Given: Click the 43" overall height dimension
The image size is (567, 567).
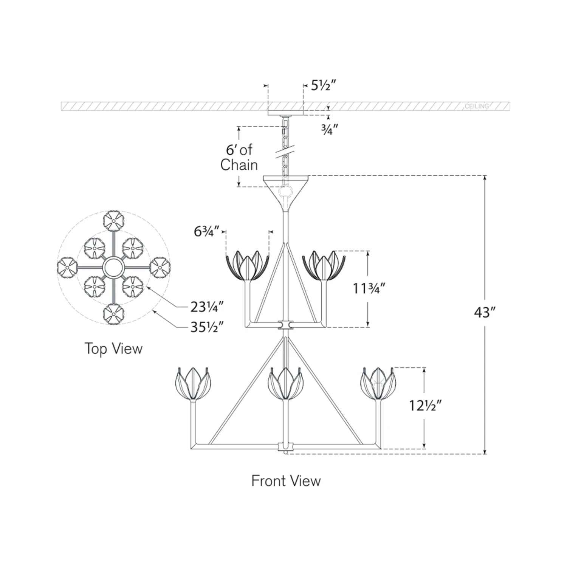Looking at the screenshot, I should [x=484, y=313].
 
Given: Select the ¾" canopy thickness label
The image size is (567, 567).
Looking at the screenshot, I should [x=329, y=130].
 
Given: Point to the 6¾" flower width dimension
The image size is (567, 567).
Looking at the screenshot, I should [x=206, y=231].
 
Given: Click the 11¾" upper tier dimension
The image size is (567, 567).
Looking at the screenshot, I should [x=369, y=288].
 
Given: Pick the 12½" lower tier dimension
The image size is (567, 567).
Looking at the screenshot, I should [x=425, y=406].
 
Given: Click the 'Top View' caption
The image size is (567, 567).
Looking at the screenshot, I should [x=113, y=349].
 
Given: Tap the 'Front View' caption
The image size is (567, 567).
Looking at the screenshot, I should [x=286, y=481].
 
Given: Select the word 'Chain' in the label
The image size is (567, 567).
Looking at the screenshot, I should [x=239, y=165].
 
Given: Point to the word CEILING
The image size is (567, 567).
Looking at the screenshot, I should [x=477, y=106].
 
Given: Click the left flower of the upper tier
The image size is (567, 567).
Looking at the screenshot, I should [x=247, y=266].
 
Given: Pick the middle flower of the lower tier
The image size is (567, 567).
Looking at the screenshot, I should [x=285, y=384].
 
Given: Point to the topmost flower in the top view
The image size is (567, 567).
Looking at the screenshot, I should [x=113, y=220].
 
